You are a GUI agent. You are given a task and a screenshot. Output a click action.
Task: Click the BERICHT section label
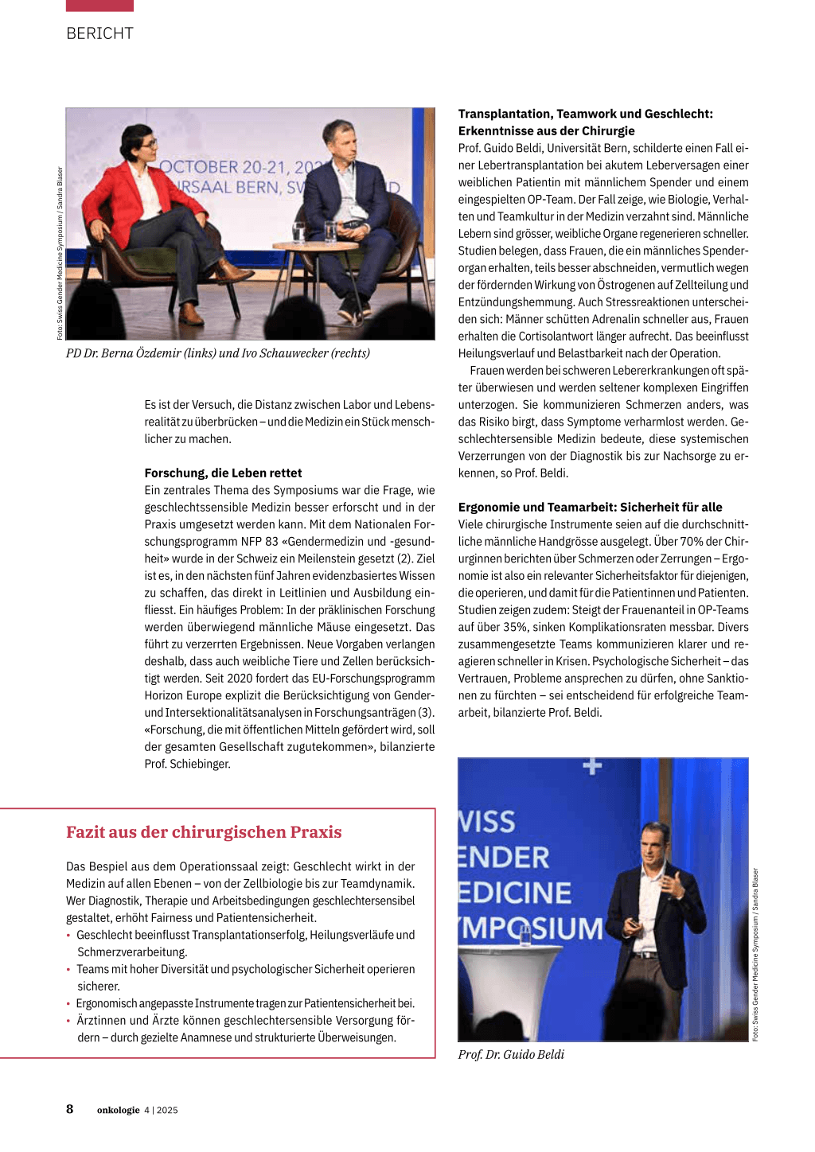pos(99,33)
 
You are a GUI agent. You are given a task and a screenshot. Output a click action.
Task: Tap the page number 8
pos(70,1109)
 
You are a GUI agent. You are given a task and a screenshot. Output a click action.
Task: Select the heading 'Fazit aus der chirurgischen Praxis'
pos(204,832)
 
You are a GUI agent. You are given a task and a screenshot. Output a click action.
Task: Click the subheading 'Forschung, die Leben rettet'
pos(223,473)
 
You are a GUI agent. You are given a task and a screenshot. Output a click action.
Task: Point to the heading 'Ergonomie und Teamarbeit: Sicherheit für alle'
pos(590,507)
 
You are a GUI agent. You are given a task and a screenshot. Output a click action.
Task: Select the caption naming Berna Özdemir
pos(217,353)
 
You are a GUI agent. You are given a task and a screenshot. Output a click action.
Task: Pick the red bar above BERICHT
pos(99,6)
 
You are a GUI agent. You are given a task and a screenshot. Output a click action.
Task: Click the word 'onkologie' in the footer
pos(118,1111)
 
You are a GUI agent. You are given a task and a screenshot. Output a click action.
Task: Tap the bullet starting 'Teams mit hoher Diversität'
pos(245,969)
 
